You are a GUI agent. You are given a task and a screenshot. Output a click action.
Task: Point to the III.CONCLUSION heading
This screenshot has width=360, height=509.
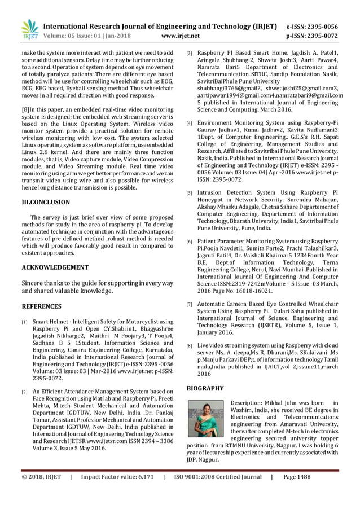point(46,201)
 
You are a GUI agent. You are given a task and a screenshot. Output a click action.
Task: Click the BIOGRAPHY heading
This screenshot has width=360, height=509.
point(205,388)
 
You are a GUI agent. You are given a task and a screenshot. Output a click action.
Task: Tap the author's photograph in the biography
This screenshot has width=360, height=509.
point(205,418)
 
